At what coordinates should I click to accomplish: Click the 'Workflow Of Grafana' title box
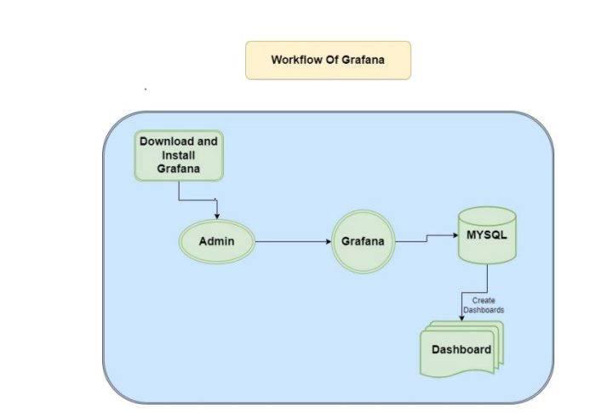(x=328, y=60)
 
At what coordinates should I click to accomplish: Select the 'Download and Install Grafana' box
(x=179, y=156)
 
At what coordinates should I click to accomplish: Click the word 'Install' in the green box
(x=179, y=156)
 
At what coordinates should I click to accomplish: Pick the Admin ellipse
(x=216, y=242)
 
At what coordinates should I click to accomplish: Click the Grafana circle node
(x=363, y=242)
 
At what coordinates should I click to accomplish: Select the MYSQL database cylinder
(x=486, y=234)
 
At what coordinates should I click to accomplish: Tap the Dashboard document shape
(x=461, y=349)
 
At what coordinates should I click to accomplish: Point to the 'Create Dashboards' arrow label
(x=483, y=305)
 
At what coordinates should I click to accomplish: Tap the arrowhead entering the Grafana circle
(x=327, y=242)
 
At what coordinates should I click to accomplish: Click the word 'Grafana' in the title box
(x=360, y=60)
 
